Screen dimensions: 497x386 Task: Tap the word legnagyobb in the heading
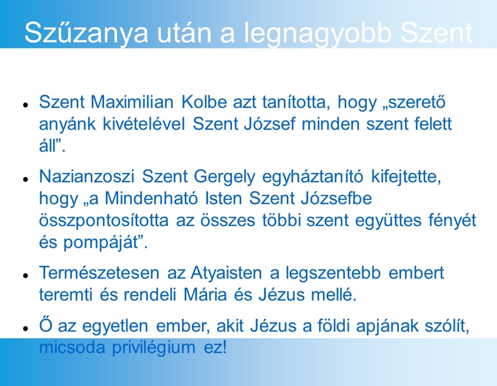pyautogui.click(x=318, y=33)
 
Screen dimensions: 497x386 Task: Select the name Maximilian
pyautogui.click(x=132, y=102)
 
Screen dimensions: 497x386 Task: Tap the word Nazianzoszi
pyautogui.click(x=87, y=176)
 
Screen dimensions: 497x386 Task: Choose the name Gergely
pyautogui.click(x=224, y=177)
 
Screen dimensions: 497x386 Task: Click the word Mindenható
pyautogui.click(x=151, y=199)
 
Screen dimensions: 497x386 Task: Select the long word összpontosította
pyautogui.click(x=104, y=221)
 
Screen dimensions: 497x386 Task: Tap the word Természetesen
pyautogui.click(x=99, y=273)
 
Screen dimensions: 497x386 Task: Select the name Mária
pyautogui.click(x=205, y=294)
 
